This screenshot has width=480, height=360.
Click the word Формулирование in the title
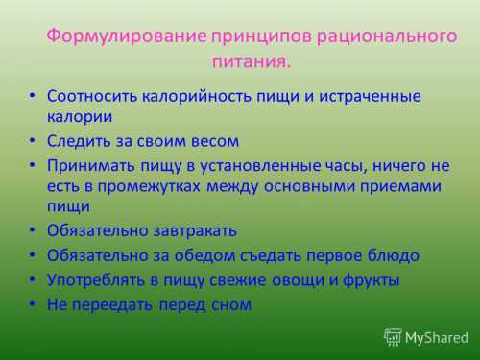click(x=127, y=37)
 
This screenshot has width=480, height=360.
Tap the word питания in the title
click(x=249, y=62)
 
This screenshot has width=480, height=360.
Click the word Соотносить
click(x=93, y=97)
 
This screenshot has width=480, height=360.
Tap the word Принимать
click(x=90, y=164)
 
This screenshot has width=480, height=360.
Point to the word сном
click(x=231, y=304)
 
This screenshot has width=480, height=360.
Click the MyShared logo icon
click(x=393, y=337)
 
